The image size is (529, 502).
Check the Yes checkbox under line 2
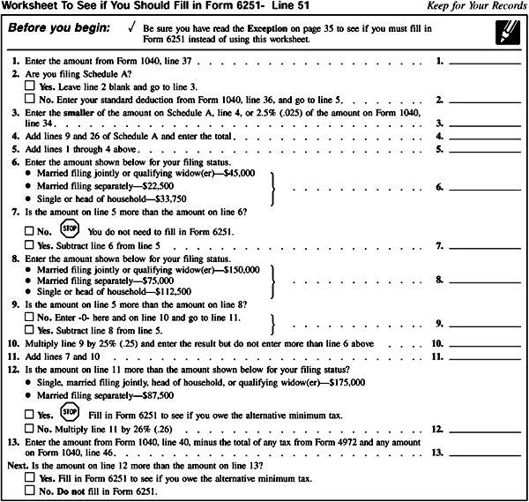coord(30,88)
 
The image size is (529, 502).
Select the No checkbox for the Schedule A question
coord(30,101)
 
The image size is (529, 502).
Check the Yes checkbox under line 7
coord(30,244)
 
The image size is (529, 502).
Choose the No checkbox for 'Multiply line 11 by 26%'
coord(30,429)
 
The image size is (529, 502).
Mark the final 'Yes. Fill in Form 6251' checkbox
coord(30,478)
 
